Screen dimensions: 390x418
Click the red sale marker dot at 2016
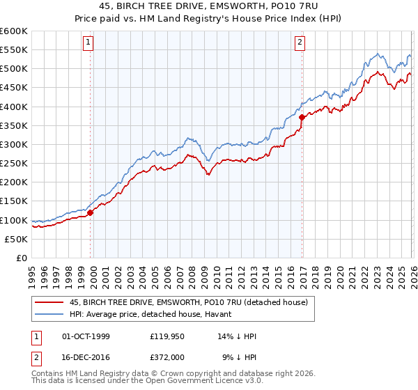302,118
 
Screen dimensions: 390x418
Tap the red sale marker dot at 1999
91,213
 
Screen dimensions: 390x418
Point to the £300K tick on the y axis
14,145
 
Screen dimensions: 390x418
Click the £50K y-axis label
16,239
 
